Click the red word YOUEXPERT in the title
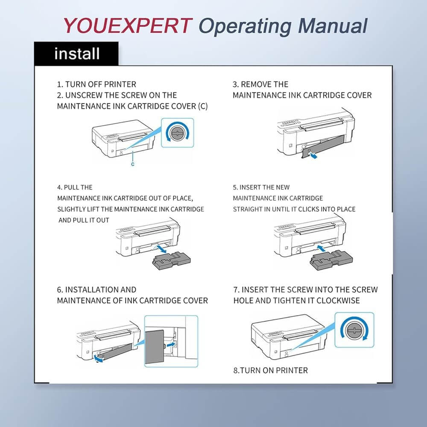(127, 26)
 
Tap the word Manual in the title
(333, 26)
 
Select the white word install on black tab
(77, 53)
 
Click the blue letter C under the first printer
(133, 164)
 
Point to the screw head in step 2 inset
(177, 133)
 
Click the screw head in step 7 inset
(354, 330)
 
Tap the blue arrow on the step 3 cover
(314, 155)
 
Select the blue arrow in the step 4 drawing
(160, 249)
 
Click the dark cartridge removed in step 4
(171, 260)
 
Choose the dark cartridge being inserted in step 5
(331, 260)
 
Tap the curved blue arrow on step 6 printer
(98, 359)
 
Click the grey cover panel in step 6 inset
(155, 347)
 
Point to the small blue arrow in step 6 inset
(171, 345)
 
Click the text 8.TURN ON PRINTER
(271, 370)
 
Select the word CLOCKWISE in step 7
(338, 300)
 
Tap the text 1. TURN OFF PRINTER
(97, 85)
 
